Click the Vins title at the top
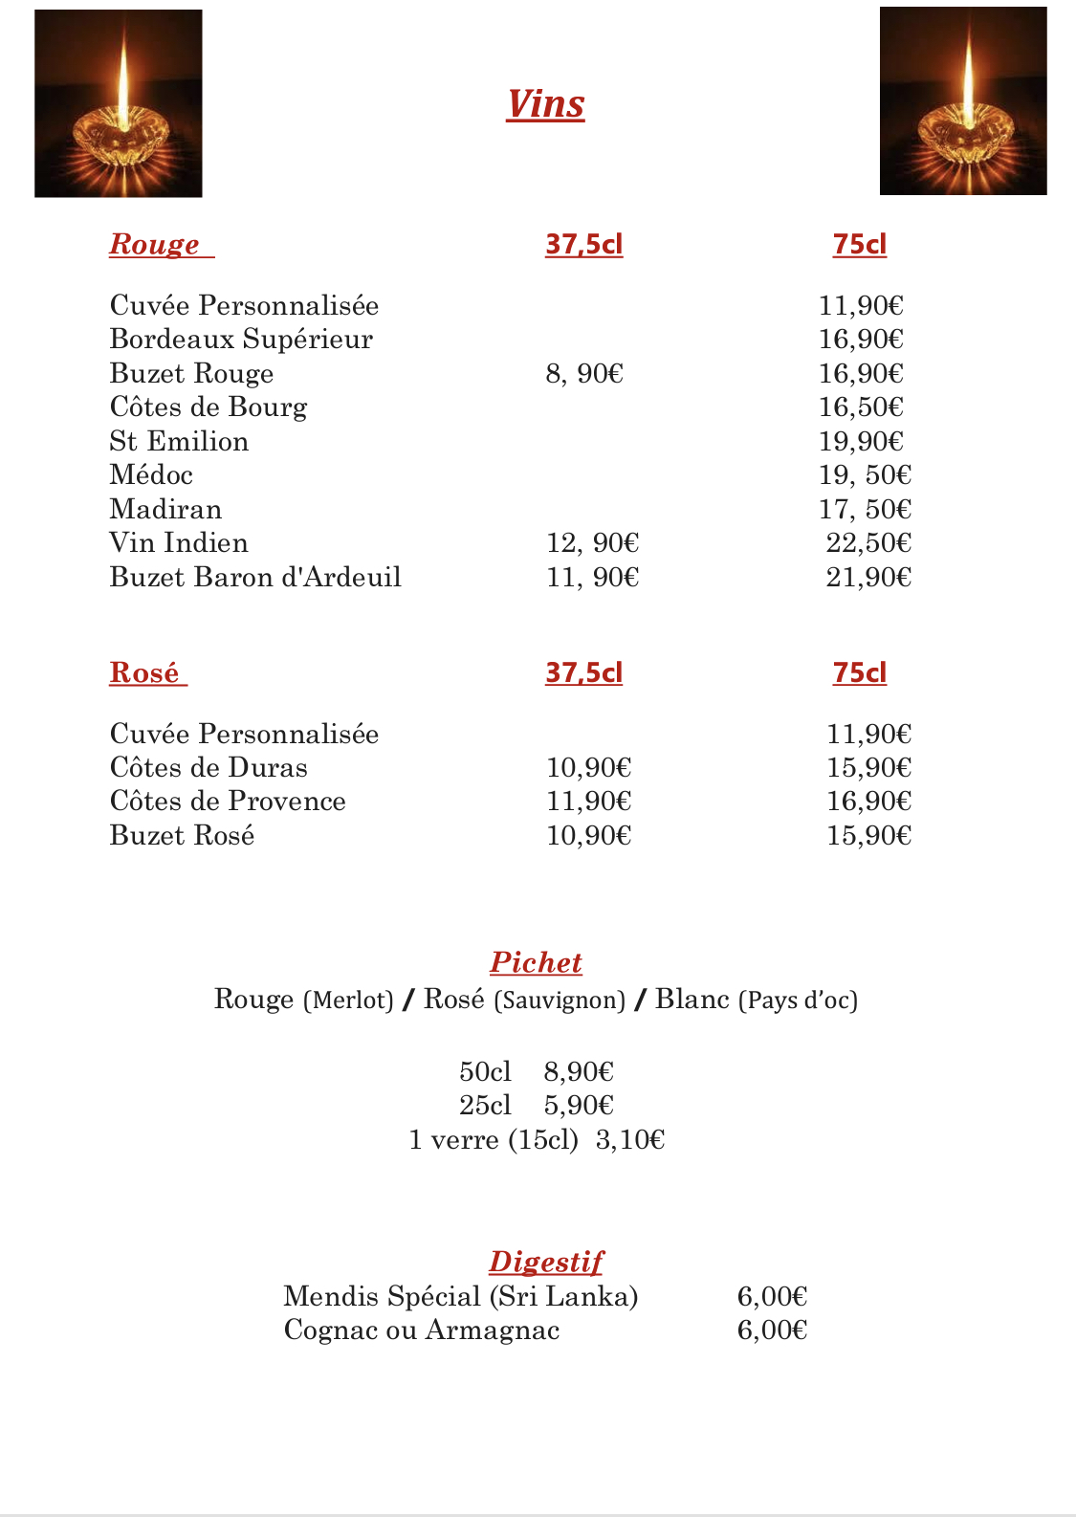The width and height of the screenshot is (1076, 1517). (x=545, y=104)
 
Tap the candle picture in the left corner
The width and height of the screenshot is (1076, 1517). (x=119, y=103)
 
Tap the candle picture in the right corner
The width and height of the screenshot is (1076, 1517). (x=963, y=101)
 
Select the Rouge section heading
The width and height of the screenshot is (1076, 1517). (x=155, y=244)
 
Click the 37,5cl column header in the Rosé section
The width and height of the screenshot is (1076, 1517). (x=583, y=672)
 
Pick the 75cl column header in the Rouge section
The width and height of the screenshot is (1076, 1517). (x=859, y=244)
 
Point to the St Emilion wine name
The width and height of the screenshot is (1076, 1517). (x=179, y=441)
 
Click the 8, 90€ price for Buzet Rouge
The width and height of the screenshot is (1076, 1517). (x=584, y=373)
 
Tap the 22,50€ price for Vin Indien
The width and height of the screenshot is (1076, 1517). (x=868, y=542)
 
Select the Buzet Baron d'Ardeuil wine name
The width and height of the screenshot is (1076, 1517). (x=255, y=577)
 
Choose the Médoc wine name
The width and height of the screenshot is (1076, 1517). (x=151, y=474)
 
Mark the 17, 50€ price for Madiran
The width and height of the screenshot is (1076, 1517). (x=865, y=509)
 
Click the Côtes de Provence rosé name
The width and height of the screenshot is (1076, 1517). (x=228, y=801)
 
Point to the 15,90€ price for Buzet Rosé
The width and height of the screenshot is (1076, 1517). (x=868, y=835)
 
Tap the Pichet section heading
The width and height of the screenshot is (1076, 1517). (x=536, y=962)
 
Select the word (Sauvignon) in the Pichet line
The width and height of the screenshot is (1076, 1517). (x=560, y=1000)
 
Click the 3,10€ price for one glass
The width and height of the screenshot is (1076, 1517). (x=629, y=1139)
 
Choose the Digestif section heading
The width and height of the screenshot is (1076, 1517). (x=546, y=1262)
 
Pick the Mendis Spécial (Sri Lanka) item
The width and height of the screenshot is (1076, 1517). (x=461, y=1296)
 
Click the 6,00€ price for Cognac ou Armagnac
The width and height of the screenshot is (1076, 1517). (x=772, y=1330)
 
